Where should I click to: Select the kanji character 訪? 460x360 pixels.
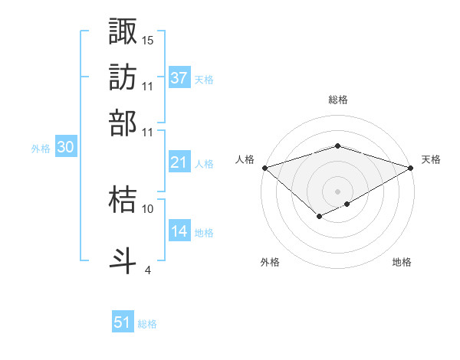123,77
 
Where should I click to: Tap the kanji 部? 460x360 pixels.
123,123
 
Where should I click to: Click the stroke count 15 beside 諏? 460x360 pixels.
148,40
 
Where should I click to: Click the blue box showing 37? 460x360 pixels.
179,78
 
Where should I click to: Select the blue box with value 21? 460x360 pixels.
179,162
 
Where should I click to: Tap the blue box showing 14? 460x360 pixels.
179,231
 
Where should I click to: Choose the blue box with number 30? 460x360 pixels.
65,148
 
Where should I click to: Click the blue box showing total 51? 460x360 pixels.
123,322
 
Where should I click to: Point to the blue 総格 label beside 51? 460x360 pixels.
147,324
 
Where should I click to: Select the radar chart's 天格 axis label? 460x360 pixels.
431,159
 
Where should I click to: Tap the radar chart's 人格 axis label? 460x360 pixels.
245,159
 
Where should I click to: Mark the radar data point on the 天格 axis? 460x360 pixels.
412,167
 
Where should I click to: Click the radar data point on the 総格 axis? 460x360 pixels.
337,146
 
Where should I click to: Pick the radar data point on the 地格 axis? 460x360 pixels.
347,204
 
